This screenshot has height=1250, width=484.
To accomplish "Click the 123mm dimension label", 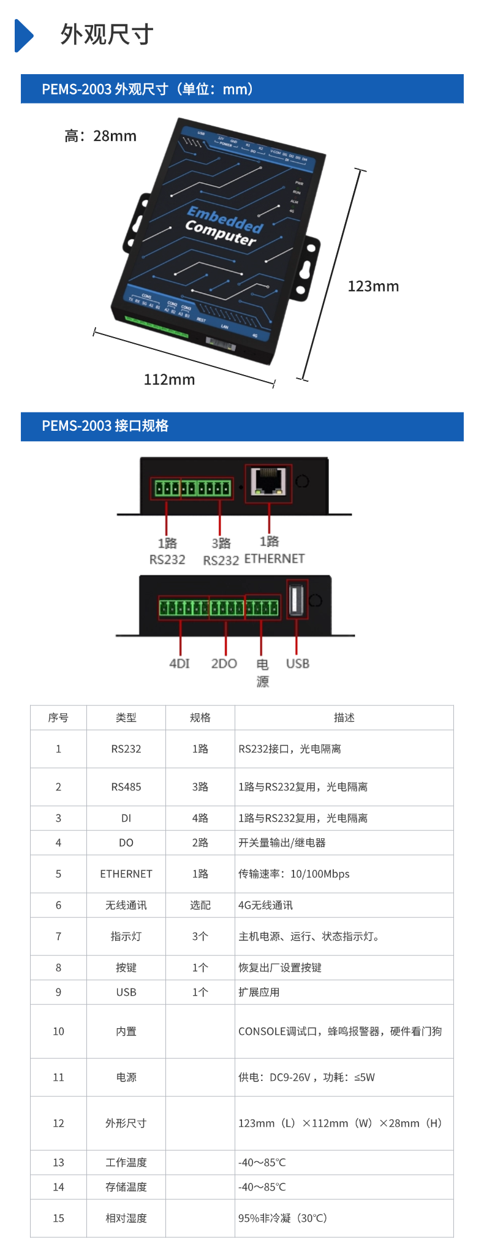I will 373,286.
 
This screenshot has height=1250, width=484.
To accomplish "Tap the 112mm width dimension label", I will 169,380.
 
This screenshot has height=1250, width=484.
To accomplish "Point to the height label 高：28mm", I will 100,136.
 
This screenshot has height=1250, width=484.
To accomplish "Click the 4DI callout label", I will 180,664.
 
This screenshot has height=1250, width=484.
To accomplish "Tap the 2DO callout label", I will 224,664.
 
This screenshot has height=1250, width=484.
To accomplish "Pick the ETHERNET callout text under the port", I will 274,559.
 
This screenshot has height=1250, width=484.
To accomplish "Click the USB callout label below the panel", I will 298,664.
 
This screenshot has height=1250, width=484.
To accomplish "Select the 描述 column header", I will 344,718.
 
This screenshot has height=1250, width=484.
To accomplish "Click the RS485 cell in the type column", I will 126,787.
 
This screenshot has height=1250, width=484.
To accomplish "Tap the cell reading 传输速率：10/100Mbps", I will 294,874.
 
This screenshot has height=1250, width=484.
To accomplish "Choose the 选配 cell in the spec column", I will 200,905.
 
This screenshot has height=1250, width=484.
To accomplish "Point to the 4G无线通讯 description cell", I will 266,905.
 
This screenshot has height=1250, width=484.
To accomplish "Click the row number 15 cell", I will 58,1218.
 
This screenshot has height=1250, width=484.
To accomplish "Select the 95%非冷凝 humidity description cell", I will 282,1218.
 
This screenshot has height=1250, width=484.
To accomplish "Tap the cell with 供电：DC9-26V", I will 306,1077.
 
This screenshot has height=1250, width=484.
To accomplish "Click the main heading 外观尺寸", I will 107,35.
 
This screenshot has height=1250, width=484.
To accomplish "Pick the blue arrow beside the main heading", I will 24,36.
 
